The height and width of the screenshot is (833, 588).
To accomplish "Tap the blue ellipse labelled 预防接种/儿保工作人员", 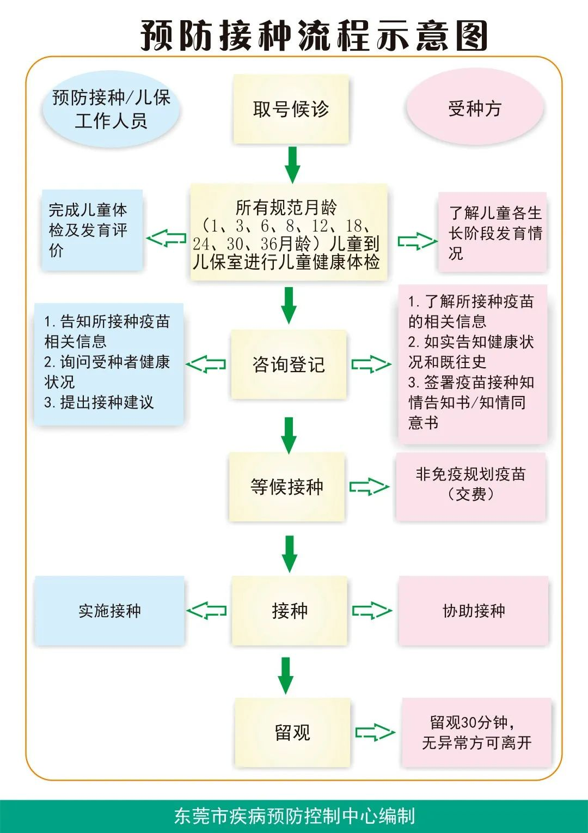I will coord(111,109).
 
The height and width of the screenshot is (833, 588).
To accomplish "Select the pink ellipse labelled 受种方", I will coord(475,108).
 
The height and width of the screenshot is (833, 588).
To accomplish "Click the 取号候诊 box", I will coord(291,109).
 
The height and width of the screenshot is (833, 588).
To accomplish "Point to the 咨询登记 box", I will coord(289,364).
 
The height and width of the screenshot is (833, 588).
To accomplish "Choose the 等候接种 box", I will coord(287,486).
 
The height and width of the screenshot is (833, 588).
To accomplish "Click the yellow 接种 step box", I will coord(290,610).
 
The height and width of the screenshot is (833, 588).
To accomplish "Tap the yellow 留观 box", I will coord(292,732).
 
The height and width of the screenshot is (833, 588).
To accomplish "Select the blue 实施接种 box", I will coord(109,610).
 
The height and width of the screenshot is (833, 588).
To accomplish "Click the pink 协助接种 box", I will coord(474,610).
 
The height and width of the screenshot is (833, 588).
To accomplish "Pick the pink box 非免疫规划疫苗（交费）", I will coord(470,485).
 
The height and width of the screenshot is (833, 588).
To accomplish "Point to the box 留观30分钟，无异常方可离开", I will coord(476,732).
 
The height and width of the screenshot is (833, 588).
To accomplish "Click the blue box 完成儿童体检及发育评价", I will coord(92,230).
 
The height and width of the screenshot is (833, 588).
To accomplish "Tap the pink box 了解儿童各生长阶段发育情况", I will coord(493,232).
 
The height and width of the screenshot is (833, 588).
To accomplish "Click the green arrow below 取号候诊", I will coord(292,165).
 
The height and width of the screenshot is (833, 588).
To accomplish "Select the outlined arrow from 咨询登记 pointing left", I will coord(206,364).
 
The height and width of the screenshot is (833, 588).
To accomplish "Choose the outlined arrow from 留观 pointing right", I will coord(375,732).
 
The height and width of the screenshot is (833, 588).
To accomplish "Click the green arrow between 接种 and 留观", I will coord(286,675).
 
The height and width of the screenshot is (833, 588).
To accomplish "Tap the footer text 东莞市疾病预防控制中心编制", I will coord(294,816).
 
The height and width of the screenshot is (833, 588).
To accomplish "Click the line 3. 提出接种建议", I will coord(99,402).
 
